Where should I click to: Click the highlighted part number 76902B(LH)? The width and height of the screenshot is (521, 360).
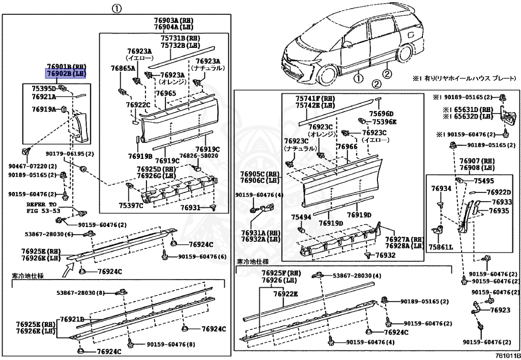click(66, 74)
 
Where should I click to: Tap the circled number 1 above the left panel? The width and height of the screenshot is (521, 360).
click(117, 8)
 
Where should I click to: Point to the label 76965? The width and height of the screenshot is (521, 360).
click(166, 93)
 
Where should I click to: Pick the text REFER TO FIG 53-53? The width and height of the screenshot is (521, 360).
click(43, 207)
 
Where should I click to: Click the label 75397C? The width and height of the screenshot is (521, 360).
click(131, 205)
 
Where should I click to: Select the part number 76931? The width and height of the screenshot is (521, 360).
click(191, 207)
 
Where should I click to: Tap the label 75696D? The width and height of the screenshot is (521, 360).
click(382, 114)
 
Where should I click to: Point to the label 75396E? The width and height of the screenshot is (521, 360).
click(384, 122)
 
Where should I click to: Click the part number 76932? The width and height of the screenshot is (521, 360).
click(385, 255)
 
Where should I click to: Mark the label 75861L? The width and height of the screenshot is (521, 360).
click(441, 246)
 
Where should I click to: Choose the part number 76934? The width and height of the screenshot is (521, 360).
click(441, 188)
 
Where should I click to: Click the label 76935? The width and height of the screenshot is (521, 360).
click(499, 210)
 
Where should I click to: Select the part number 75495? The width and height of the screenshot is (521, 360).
click(484, 181)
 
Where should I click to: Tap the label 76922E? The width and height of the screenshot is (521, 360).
click(285, 294)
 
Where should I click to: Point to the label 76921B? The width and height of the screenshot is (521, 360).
click(71, 319)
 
